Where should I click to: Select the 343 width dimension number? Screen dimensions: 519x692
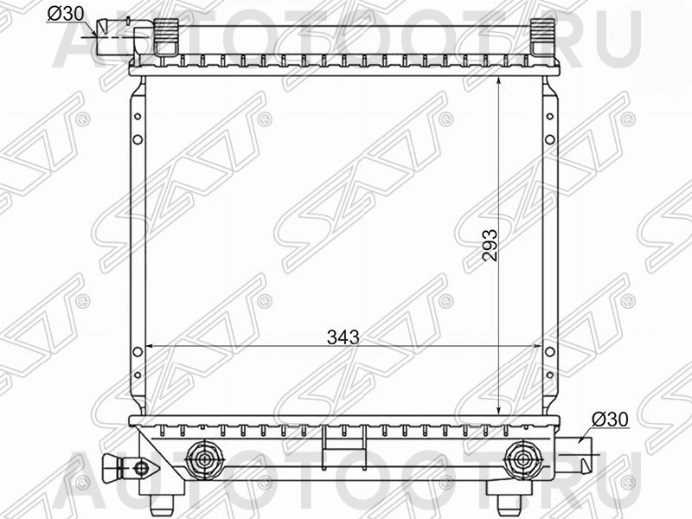343,336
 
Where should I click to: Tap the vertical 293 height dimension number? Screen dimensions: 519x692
489,250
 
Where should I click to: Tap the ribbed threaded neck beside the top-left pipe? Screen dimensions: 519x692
163,37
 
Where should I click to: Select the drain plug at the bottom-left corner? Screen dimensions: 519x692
121,468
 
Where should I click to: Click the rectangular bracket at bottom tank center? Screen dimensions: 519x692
335,442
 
